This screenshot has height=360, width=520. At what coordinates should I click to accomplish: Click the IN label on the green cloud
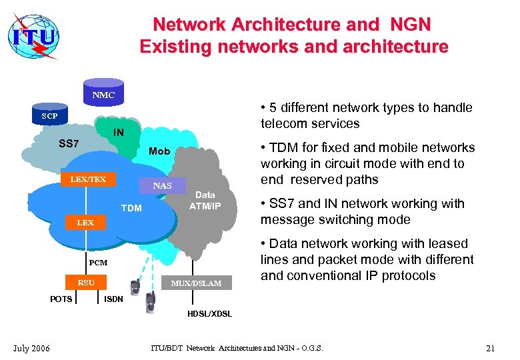[117, 133]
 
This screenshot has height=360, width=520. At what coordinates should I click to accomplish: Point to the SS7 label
[69, 144]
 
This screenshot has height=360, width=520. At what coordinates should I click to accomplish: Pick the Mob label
[159, 151]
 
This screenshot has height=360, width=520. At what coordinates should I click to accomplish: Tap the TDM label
[131, 208]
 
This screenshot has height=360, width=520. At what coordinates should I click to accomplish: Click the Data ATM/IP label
[205, 200]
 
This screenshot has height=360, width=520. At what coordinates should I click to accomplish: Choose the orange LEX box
[85, 223]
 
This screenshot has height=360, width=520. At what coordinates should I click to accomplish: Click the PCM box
[99, 263]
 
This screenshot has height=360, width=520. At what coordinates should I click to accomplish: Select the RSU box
[86, 283]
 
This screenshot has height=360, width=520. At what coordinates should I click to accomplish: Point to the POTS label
[61, 299]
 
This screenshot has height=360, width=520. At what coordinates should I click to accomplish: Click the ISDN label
[113, 299]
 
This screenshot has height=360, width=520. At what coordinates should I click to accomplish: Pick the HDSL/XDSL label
[209, 314]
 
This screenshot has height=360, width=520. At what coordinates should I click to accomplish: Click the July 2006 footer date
[30, 349]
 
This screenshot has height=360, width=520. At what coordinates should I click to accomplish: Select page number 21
[491, 349]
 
